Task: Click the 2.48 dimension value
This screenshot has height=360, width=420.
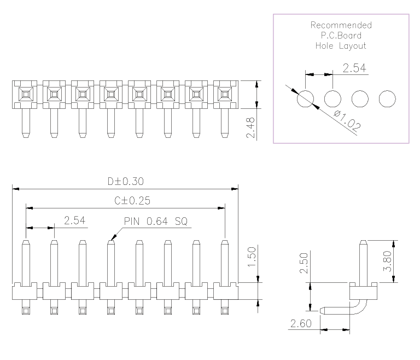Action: coord(250,127)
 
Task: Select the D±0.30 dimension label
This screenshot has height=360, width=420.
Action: coord(126,182)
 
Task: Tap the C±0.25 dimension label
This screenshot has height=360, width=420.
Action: coord(132,201)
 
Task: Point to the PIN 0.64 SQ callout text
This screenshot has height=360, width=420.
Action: coord(156,222)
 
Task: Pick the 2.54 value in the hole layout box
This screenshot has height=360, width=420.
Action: coord(354,68)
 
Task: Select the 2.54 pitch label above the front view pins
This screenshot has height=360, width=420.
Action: coord(75,220)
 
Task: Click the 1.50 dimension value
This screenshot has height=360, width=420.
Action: coord(252,257)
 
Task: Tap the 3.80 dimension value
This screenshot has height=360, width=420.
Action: coord(387,261)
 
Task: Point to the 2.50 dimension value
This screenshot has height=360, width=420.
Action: coord(304,263)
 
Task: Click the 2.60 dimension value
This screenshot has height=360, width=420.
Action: coord(301,323)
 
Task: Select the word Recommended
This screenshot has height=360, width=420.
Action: coord(341,25)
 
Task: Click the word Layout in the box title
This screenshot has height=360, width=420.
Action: coord(353,46)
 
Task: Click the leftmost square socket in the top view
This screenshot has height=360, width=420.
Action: coord(26,94)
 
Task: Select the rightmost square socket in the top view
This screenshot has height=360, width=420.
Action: coord(225,94)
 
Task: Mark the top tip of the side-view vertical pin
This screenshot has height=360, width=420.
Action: coord(363,241)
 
